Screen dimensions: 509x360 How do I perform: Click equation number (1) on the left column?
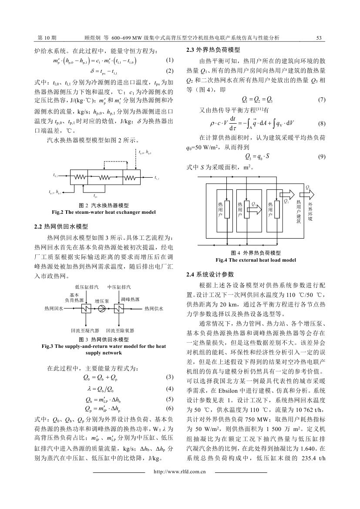click(170, 60)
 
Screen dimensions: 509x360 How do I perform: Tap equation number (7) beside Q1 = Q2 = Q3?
click(322, 99)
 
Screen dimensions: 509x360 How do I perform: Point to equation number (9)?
click(322, 156)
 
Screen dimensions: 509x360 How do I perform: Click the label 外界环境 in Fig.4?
click(310, 211)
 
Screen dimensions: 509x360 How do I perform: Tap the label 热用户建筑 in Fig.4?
click(299, 212)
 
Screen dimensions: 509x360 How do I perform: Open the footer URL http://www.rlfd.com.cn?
click(180, 471)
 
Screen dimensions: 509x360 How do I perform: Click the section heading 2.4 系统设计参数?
click(210, 274)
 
